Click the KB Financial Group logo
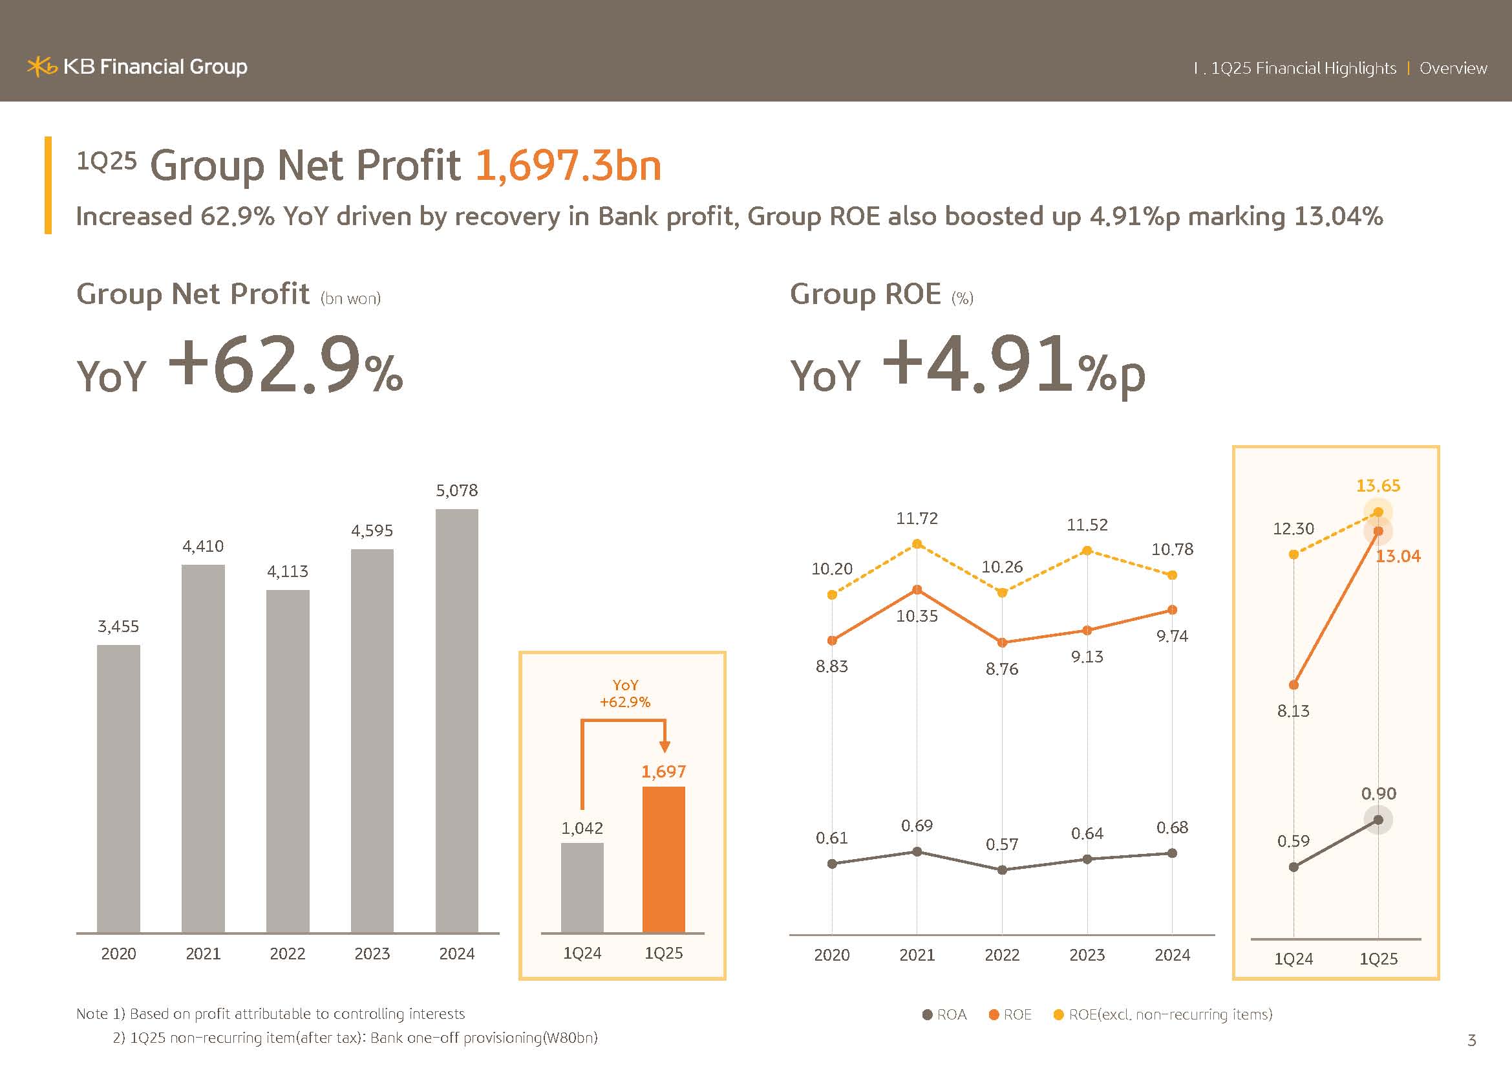137,67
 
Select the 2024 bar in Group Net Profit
457,721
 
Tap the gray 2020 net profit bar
118,789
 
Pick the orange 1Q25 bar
663,859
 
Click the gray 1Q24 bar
582,888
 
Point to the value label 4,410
203,546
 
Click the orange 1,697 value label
663,772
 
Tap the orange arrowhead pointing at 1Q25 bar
665,747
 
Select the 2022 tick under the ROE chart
1001,955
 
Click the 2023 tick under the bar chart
372,954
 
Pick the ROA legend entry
945,1014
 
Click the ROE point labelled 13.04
1378,531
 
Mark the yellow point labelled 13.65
1378,512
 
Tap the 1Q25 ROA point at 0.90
1378,820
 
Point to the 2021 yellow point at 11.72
917,543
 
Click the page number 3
1472,1040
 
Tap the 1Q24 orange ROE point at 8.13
1294,685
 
